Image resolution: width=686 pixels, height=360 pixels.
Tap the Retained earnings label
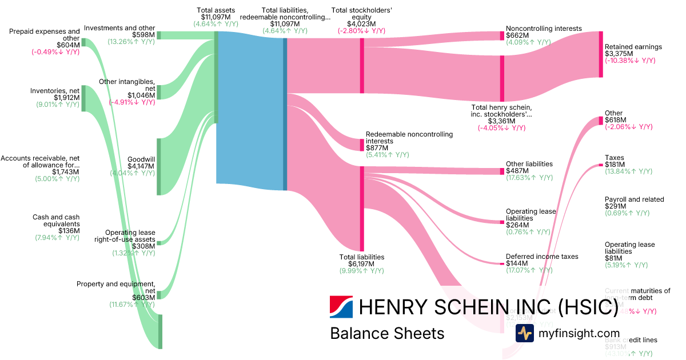coord(633,47)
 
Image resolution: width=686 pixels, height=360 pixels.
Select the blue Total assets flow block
coord(250,109)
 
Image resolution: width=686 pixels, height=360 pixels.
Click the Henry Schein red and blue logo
coord(341,307)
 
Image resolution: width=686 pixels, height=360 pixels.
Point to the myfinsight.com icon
coord(524,333)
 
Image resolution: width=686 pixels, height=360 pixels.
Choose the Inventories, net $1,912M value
coord(67,97)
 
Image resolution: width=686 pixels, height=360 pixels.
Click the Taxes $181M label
coord(614,158)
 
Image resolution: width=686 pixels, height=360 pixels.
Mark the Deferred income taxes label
coord(542,257)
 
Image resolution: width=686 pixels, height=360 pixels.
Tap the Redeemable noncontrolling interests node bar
coord(361,145)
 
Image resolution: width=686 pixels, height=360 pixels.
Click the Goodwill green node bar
coord(159,166)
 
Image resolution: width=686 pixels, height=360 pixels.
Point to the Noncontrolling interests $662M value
coord(517,35)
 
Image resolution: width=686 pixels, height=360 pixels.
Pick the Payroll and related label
coord(634,199)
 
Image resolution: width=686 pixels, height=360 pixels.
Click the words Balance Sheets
coord(386,333)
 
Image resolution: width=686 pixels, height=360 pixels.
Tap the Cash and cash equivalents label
coord(56,221)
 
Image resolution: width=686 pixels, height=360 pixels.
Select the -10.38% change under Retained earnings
coord(633,61)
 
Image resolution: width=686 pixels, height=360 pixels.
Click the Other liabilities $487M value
coord(517,171)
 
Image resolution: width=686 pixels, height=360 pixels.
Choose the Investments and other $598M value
coord(143,35)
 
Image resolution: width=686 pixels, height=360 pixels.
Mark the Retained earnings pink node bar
coord(601,54)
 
